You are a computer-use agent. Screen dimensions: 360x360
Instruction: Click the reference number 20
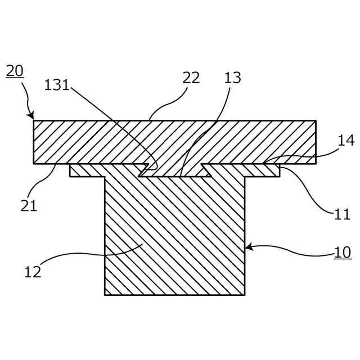15,71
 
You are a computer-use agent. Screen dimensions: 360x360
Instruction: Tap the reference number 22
191,78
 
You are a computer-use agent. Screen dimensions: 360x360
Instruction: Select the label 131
57,85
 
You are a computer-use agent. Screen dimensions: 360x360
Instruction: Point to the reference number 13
232,78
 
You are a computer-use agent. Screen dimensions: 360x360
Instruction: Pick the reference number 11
342,214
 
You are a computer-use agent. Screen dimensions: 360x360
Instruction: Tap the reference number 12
33,272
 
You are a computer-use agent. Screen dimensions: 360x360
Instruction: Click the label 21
29,205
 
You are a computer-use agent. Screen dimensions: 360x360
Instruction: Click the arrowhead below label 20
31,116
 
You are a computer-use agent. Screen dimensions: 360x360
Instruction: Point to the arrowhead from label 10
248,246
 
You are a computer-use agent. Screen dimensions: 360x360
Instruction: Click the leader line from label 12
90,254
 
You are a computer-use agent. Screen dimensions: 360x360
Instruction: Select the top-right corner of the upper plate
316,120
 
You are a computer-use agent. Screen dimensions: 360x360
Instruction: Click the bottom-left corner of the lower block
105,294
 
